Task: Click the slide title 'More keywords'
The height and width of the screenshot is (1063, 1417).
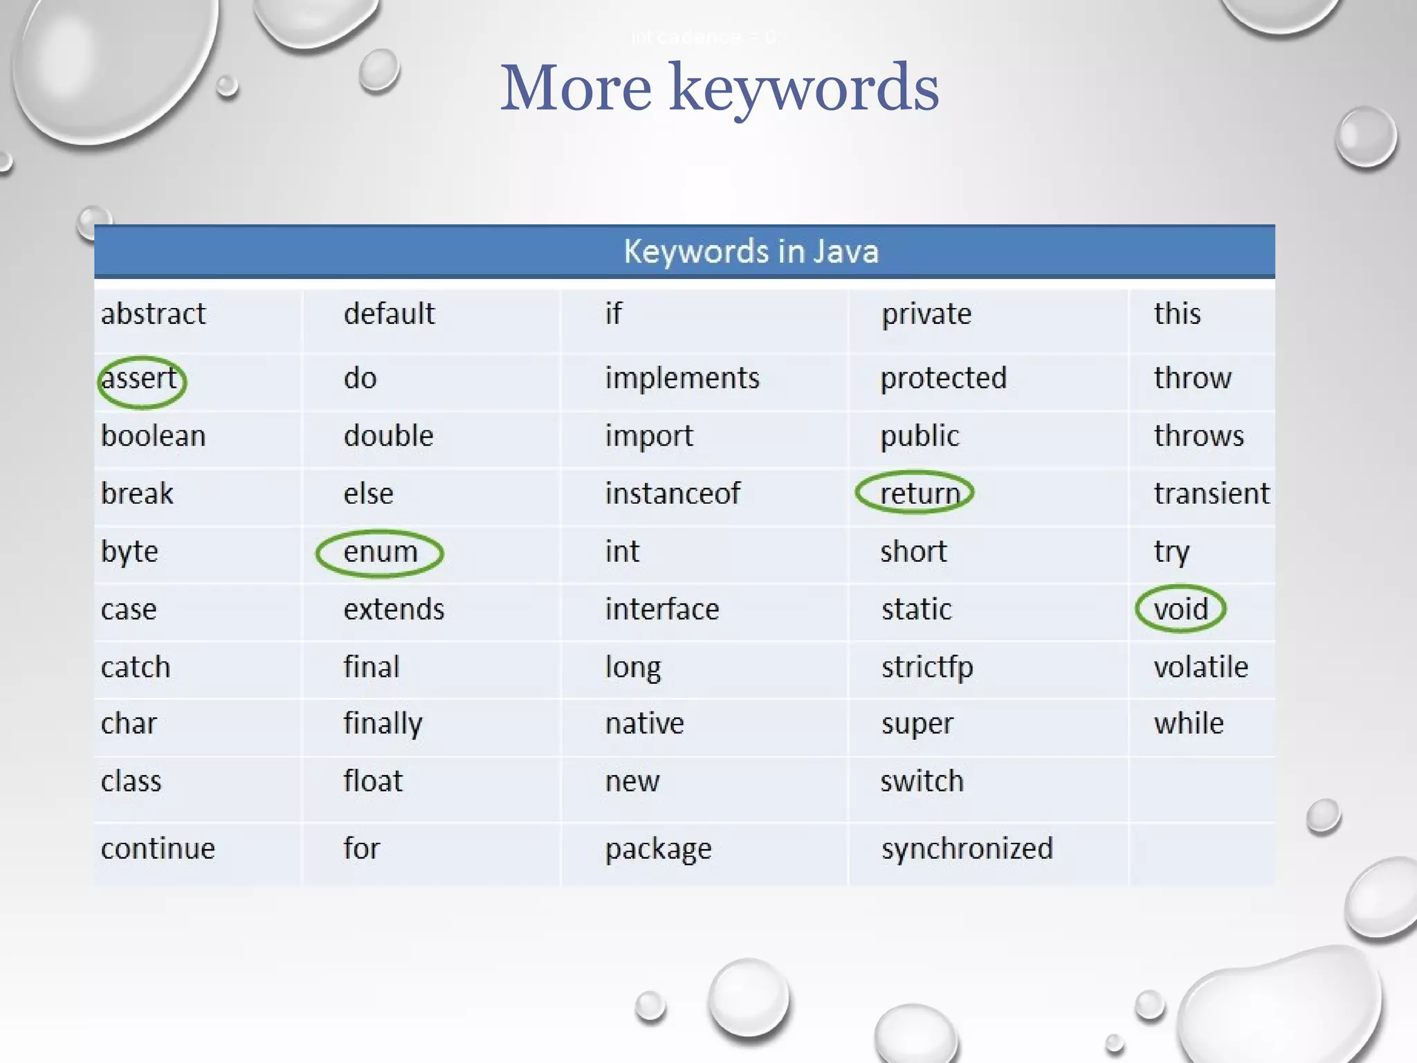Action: tap(720, 89)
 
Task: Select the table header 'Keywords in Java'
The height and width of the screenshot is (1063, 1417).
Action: tap(751, 251)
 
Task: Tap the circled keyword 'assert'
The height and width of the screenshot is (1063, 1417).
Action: tap(140, 379)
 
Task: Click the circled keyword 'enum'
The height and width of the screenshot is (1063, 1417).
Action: tap(381, 552)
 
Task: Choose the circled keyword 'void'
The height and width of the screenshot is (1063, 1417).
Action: tap(1180, 609)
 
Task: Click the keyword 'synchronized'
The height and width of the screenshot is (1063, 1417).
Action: tap(967, 848)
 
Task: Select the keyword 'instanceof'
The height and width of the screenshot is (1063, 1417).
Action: tap(673, 493)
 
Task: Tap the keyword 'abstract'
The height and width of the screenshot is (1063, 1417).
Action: tap(153, 314)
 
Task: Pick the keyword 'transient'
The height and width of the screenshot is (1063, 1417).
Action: tap(1212, 493)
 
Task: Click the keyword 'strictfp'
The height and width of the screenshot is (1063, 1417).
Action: tap(927, 667)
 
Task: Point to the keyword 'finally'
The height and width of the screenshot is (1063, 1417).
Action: tap(383, 724)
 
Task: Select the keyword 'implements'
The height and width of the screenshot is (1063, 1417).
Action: tap(682, 379)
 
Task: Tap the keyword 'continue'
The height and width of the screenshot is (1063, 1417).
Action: tap(158, 848)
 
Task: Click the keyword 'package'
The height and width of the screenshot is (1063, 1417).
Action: tap(658, 849)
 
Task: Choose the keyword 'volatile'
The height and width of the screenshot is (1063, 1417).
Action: tap(1200, 667)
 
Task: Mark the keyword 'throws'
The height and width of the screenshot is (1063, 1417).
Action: tap(1198, 436)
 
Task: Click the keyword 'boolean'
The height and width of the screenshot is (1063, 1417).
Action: tap(153, 436)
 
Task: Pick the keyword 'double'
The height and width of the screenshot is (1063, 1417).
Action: tap(388, 436)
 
